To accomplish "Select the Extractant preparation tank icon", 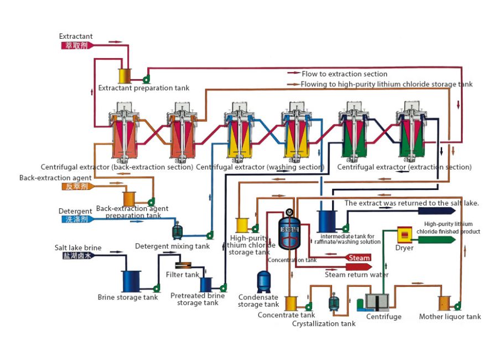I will pos(124,76).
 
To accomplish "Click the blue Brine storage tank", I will pos(131,279).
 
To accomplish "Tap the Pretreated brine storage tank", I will pos(206,284).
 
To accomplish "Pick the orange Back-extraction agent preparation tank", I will pos(129,198).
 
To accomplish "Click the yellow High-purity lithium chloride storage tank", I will pos(242,225).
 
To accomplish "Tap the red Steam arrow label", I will pos(358,258).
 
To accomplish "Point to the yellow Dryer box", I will pos(406,235).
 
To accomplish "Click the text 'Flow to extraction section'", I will pos(344,74).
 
